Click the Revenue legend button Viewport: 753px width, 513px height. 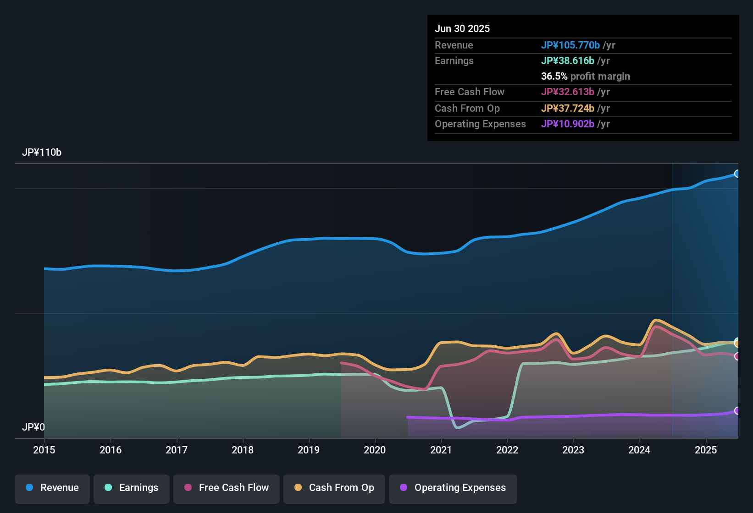coord(52,488)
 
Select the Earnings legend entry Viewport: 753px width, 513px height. coord(132,488)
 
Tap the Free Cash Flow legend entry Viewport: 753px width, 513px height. coord(227,488)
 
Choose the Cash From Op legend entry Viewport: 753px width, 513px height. coord(334,488)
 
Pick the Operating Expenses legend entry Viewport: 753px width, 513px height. coord(453,488)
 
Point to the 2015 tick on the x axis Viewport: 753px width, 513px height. coord(44,450)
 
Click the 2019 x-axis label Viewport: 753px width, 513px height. coord(309,450)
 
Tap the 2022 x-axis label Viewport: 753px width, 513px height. coord(507,450)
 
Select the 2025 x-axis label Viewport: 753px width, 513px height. coord(706,450)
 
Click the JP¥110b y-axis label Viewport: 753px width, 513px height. coord(42,153)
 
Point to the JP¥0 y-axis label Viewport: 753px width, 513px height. coord(33,427)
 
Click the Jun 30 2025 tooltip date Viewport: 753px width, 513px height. coord(462,28)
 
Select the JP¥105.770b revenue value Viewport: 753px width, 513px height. coord(570,45)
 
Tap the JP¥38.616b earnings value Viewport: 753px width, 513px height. coord(568,61)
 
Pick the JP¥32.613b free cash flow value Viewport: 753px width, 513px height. coord(568,92)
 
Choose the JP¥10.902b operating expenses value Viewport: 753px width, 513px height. coord(568,124)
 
